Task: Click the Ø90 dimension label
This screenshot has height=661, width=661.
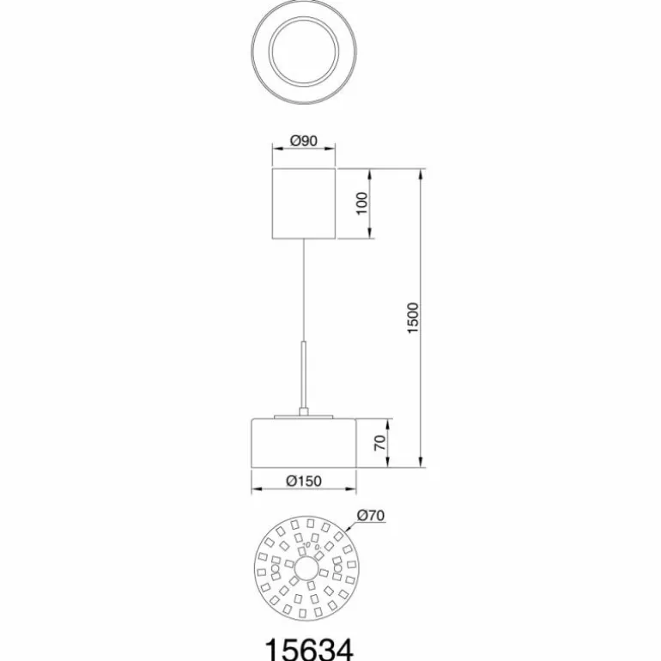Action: [x=304, y=141]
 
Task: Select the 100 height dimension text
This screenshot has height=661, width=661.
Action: [x=362, y=203]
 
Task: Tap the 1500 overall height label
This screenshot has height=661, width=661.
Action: [x=413, y=318]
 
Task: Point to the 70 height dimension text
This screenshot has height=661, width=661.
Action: [x=380, y=443]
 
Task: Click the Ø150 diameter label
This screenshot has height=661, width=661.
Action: [x=304, y=481]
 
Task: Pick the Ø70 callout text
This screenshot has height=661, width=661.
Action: [x=371, y=515]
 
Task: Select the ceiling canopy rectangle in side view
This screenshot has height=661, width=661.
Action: [x=304, y=203]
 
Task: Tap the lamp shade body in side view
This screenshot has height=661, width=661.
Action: [x=304, y=443]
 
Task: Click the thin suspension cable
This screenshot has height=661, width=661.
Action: [x=304, y=290]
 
